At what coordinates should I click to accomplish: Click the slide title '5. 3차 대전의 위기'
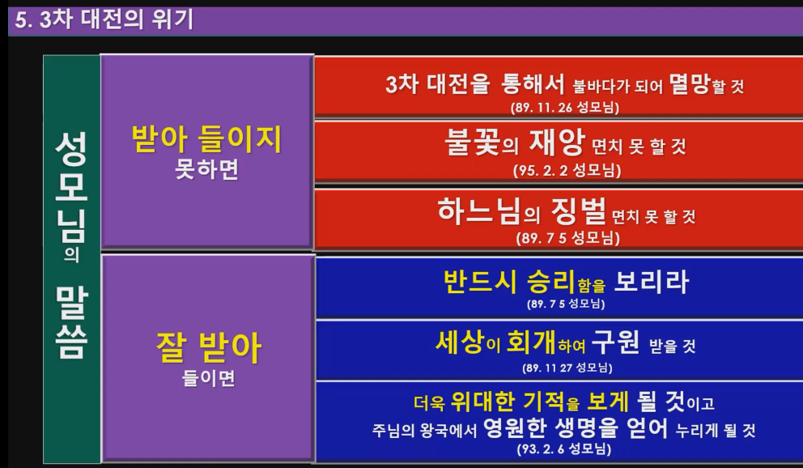[104, 20]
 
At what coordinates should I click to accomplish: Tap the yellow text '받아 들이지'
[207, 139]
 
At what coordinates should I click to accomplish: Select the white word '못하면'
[207, 169]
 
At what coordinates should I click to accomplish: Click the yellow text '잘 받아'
[209, 347]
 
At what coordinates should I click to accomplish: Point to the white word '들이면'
[208, 378]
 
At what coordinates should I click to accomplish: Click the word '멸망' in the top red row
[690, 83]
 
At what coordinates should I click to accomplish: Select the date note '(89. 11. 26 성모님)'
[565, 108]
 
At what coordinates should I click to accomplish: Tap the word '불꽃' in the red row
[472, 142]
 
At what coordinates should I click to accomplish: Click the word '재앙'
[557, 142]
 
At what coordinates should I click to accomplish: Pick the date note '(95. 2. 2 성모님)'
[567, 171]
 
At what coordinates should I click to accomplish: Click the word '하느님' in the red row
[479, 211]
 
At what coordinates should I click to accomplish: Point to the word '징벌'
[579, 211]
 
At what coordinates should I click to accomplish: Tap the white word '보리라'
[651, 281]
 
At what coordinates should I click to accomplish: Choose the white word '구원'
[615, 342]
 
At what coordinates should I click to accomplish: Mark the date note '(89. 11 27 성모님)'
[567, 368]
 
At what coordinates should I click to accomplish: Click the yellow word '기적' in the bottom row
[543, 402]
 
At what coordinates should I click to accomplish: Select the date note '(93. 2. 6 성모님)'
[564, 449]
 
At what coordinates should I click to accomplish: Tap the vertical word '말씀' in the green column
[72, 321]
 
